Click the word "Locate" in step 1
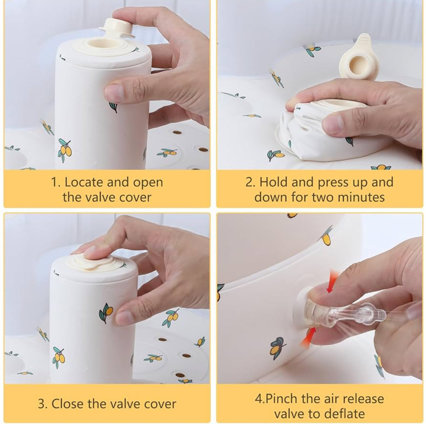pos(83,182)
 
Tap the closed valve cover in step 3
pos(91,262)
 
